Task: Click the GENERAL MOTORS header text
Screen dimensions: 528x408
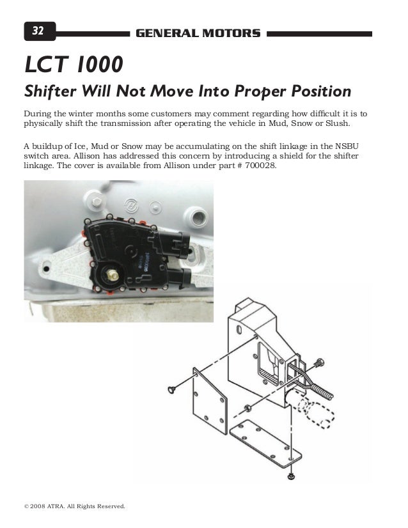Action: [198, 32]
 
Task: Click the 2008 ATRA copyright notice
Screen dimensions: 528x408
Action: [74, 506]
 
